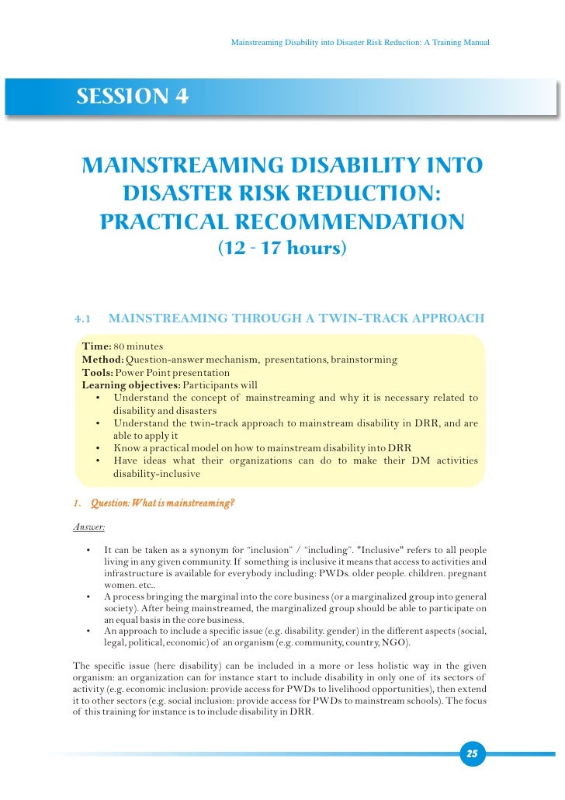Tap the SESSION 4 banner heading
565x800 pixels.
[132, 97]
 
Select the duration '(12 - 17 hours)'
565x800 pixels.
[282, 249]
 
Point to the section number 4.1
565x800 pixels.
[82, 318]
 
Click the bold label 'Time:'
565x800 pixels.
[97, 346]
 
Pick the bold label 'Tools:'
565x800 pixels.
[98, 373]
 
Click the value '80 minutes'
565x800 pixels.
[138, 346]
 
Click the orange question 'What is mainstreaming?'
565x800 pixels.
[162, 503]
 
